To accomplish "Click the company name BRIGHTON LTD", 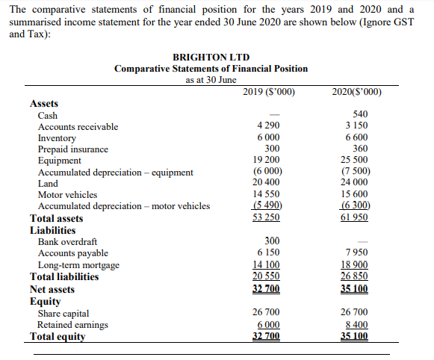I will coord(211,57).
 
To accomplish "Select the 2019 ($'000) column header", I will coord(269,92).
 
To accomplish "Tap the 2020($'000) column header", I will coord(356,92).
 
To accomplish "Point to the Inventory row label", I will coord(57,138).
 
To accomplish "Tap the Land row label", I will coord(48,184).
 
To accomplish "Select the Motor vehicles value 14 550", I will coord(267,195).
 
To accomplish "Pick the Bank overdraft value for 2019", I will coord(273,241).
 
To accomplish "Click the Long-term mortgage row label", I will coord(78,265).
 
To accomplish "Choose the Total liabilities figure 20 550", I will coord(267,276).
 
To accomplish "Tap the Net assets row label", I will coord(52,288).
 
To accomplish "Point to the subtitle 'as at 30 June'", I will coord(211,80).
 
